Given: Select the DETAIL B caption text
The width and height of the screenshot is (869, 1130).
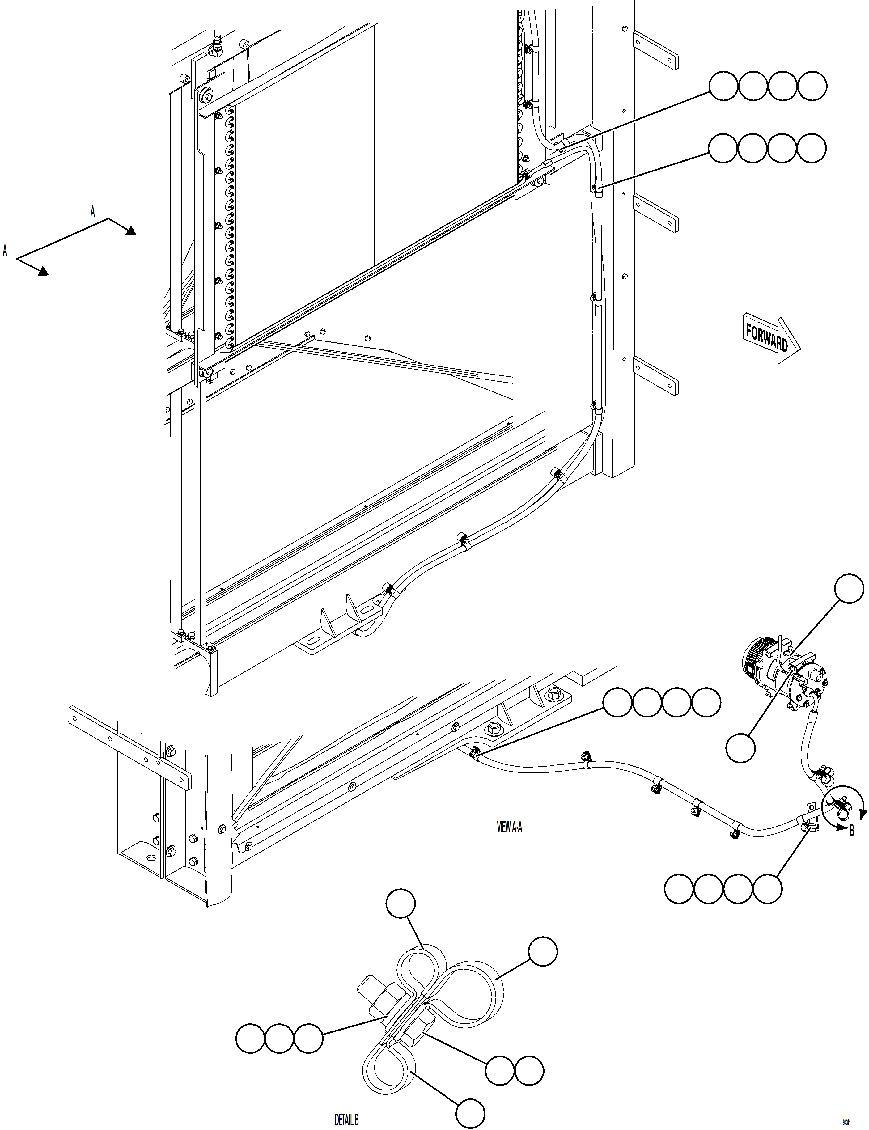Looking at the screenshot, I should [346, 1116].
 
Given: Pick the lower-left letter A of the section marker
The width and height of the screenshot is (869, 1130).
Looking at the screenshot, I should [5, 251].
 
